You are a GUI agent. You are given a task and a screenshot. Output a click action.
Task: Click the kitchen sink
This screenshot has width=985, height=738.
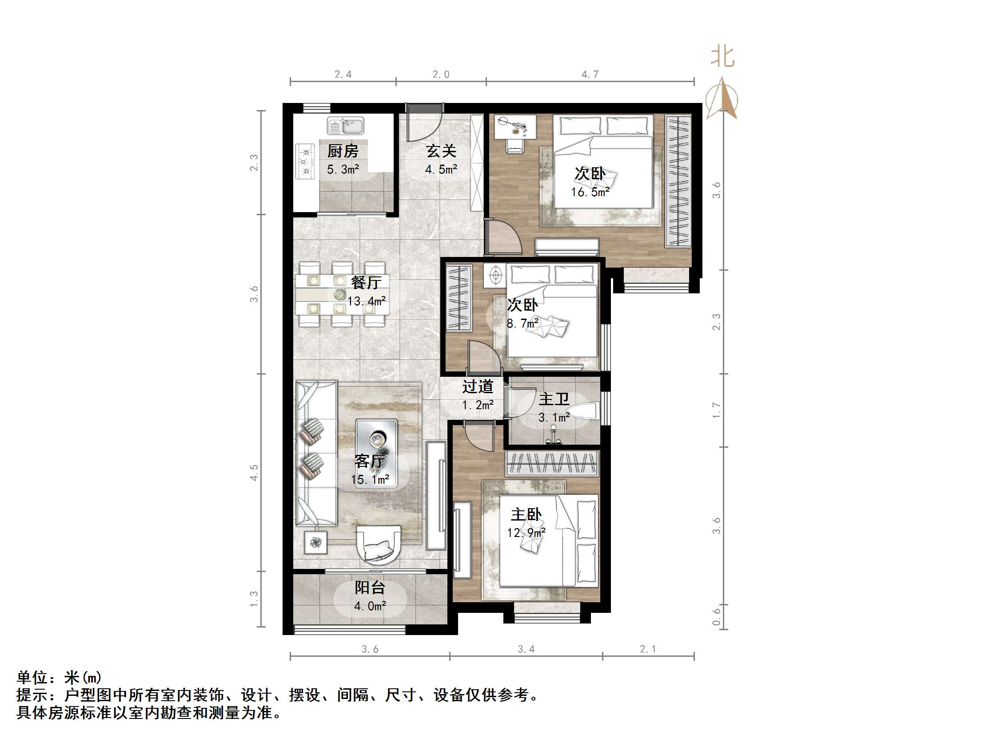346,126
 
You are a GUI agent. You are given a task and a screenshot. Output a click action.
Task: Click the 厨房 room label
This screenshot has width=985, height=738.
343,151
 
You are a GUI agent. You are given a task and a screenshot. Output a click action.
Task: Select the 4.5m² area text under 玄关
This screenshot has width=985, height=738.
441,170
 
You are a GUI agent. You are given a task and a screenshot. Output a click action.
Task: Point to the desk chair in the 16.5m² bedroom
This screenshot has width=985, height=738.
515,145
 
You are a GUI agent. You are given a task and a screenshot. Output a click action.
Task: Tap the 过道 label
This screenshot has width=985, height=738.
477,387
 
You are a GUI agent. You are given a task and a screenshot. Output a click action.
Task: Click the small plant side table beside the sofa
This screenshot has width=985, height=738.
316,542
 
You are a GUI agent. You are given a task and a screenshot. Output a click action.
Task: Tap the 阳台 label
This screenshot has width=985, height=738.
370,588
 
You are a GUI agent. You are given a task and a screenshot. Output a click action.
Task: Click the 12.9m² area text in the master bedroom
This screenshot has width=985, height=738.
526,533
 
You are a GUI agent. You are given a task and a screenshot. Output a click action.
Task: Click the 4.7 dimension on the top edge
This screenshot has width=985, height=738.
590,74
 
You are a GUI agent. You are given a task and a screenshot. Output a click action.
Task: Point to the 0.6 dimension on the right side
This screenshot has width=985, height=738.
716,616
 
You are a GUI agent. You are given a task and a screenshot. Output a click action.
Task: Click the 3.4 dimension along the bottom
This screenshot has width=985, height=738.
526,649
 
